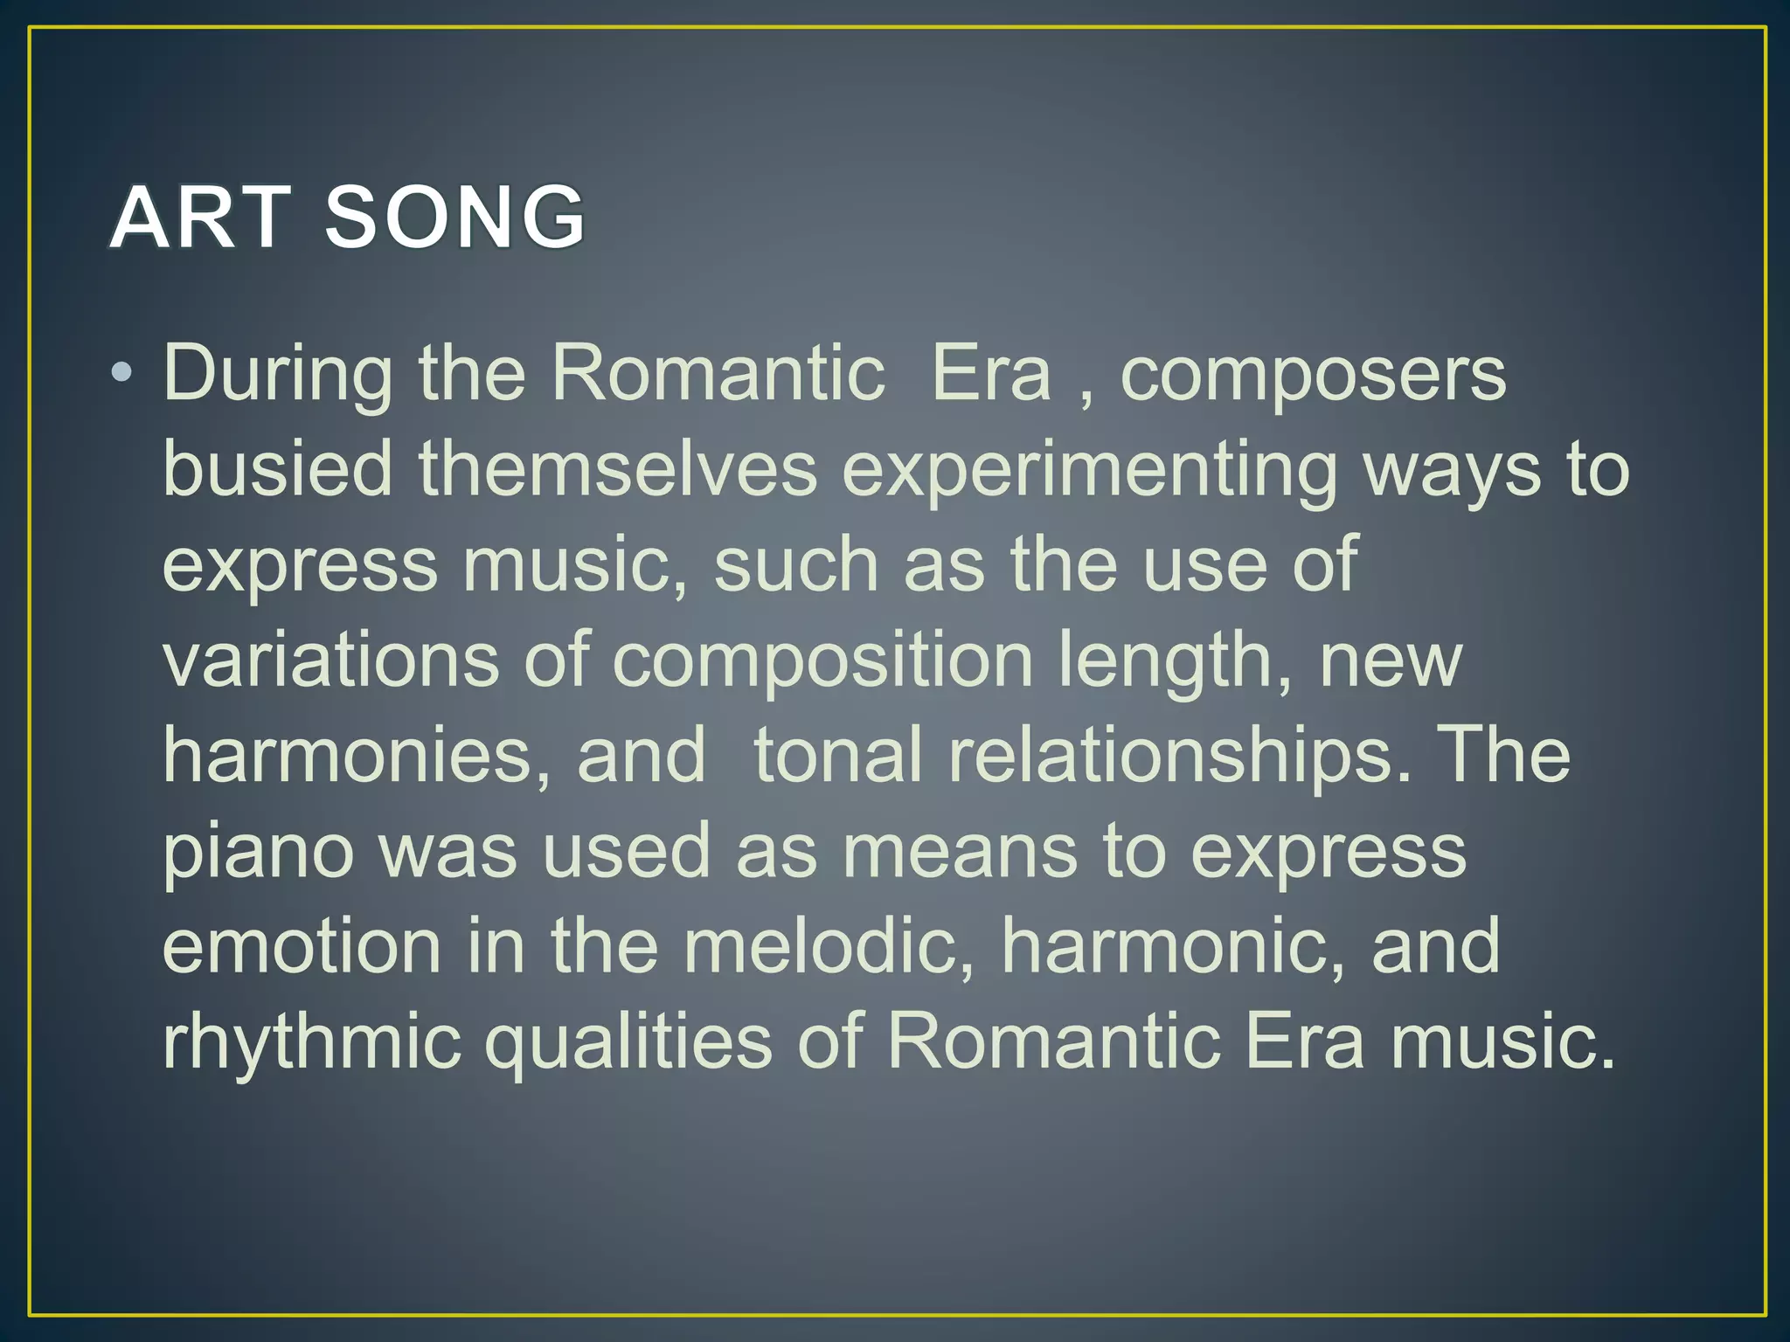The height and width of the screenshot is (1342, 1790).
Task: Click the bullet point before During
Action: [121, 374]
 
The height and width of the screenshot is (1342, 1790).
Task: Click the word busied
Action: [278, 470]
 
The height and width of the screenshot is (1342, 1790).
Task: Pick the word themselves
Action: [617, 470]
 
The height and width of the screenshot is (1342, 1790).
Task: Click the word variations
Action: [330, 661]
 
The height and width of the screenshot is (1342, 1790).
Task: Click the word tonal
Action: [837, 756]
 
